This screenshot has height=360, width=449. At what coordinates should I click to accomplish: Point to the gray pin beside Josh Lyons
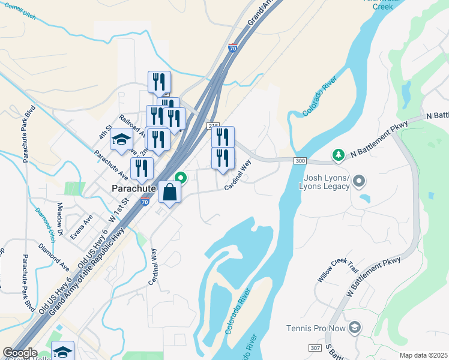pyautogui.click(x=359, y=180)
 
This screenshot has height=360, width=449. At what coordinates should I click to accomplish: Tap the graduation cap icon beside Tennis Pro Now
pyautogui.click(x=355, y=327)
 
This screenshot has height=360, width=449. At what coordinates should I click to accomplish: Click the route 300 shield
pyautogui.click(x=301, y=161)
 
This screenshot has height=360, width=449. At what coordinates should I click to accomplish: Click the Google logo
pyautogui.click(x=20, y=353)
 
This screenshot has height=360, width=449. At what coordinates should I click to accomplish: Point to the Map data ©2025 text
pyautogui.click(x=423, y=355)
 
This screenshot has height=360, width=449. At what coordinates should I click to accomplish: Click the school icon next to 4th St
pyautogui.click(x=122, y=140)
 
